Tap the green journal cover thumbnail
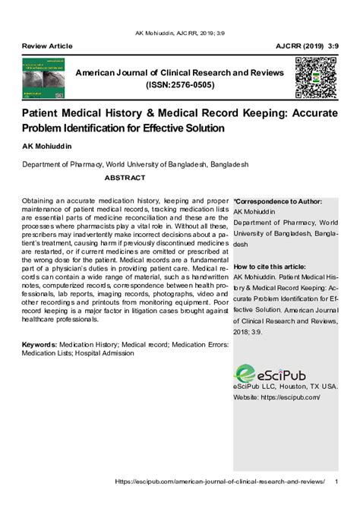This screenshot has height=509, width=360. pyautogui.click(x=43, y=78)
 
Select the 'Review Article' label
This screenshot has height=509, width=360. pyautogui.click(x=47, y=47)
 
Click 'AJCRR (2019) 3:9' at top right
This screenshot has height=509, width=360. pyautogui.click(x=307, y=47)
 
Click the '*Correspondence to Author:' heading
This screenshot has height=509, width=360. pyautogui.click(x=278, y=202)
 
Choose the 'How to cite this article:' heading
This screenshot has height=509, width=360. pyautogui.click(x=270, y=267)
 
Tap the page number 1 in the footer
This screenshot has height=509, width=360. pyautogui.click(x=336, y=482)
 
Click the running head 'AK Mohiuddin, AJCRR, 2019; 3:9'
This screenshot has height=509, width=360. pyautogui.click(x=180, y=34)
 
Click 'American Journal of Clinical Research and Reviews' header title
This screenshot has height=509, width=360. pyautogui.click(x=179, y=72)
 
